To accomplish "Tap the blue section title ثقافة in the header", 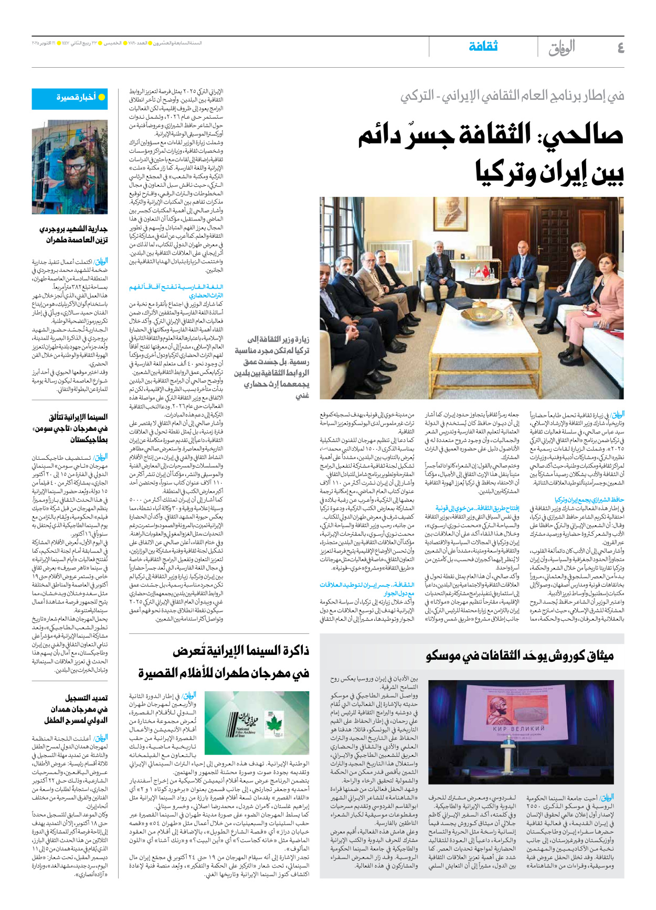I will click(x=483, y=46).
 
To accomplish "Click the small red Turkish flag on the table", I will click(x=485, y=271).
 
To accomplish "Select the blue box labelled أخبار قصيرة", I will click(x=70, y=98).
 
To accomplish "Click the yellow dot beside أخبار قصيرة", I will click(x=102, y=98).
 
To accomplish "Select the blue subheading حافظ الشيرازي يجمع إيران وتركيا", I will click(x=589, y=500).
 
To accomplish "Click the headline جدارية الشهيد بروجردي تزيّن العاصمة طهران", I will click(x=73, y=235).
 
